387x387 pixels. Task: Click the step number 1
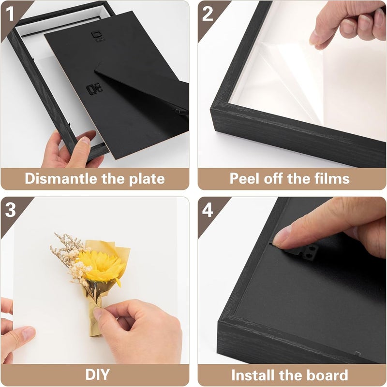coord(10,14)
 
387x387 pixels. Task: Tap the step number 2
coord(208,14)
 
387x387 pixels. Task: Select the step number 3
coord(10,210)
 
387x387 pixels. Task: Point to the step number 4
coord(208,210)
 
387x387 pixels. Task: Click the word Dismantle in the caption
coord(61,178)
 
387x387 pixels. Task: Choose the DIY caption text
coord(97,374)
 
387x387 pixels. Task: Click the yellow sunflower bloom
coord(102,266)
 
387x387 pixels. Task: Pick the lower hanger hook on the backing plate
coord(94,89)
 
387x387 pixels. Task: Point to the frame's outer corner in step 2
coord(211,110)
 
